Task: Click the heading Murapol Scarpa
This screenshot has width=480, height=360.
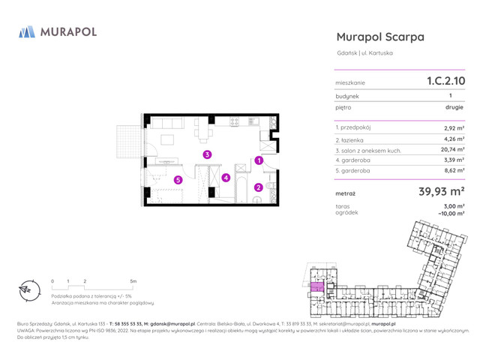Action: click(380, 37)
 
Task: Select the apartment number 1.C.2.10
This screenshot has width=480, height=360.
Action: click(445, 81)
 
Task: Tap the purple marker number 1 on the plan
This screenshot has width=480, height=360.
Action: click(258, 160)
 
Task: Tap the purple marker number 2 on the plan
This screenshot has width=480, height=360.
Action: click(258, 187)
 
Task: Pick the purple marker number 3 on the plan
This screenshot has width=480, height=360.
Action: click(207, 154)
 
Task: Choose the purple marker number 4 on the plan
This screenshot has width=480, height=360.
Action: click(226, 178)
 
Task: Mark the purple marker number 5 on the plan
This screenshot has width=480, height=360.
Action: click(178, 179)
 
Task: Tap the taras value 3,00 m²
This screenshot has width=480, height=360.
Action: click(454, 205)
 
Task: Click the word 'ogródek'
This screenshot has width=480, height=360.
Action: click(346, 212)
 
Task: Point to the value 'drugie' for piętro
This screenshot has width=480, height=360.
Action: click(454, 107)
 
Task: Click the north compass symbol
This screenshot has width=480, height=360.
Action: click(26, 289)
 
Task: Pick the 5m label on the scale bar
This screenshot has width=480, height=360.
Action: click(133, 280)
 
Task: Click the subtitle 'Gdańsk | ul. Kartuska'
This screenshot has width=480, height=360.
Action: click(364, 53)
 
